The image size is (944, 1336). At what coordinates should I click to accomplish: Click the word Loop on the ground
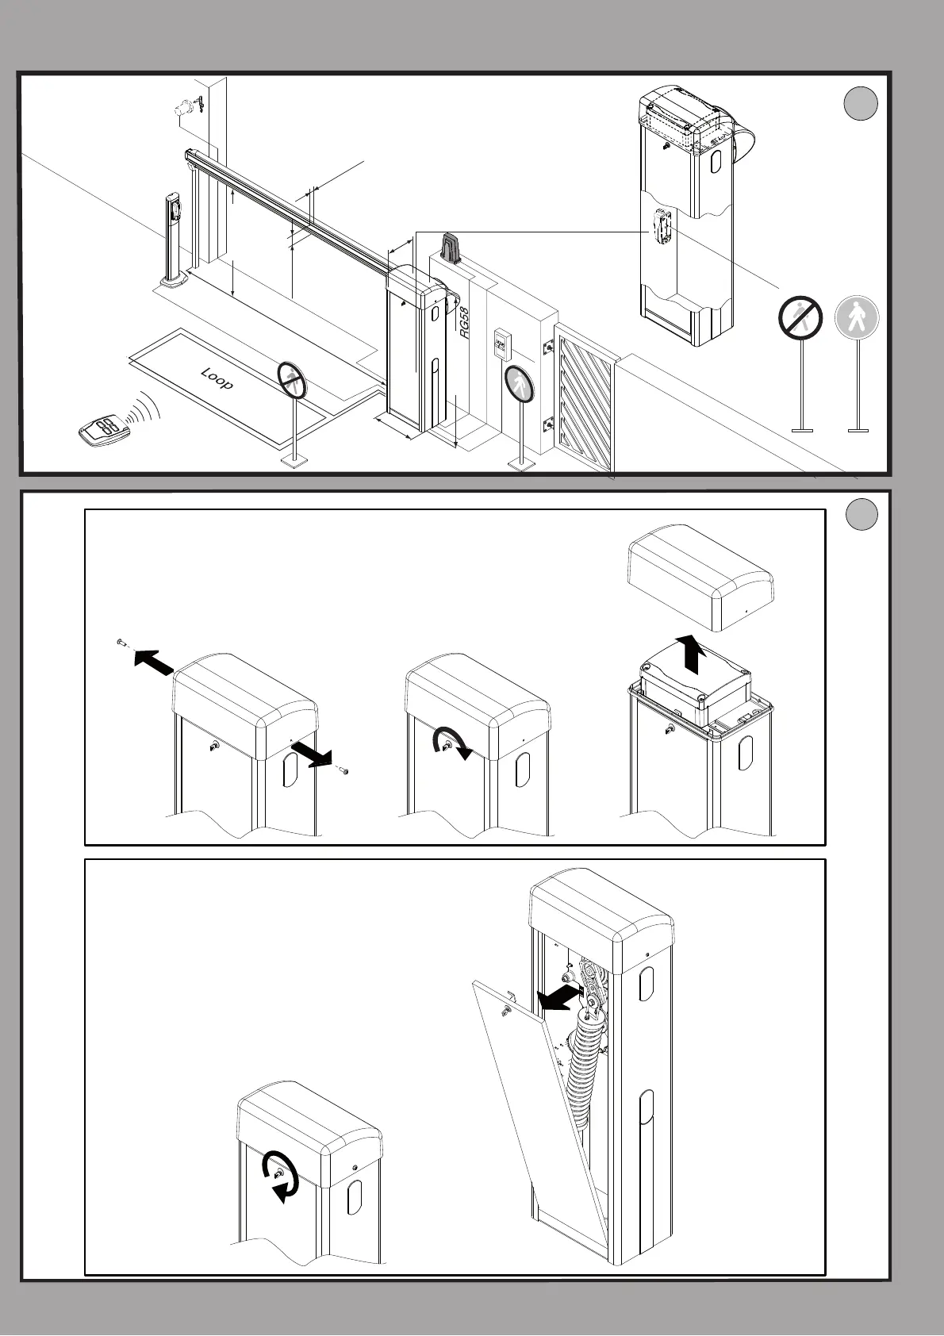point(217,378)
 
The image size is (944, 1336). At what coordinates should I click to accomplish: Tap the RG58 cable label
point(465,324)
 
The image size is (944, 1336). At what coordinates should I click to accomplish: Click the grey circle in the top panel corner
point(860,104)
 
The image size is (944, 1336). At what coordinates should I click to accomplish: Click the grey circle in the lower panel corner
point(861,515)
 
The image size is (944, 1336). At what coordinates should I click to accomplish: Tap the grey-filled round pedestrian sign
point(857,317)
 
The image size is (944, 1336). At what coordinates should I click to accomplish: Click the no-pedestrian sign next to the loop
point(292,380)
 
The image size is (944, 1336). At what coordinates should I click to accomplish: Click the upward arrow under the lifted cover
point(694,653)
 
